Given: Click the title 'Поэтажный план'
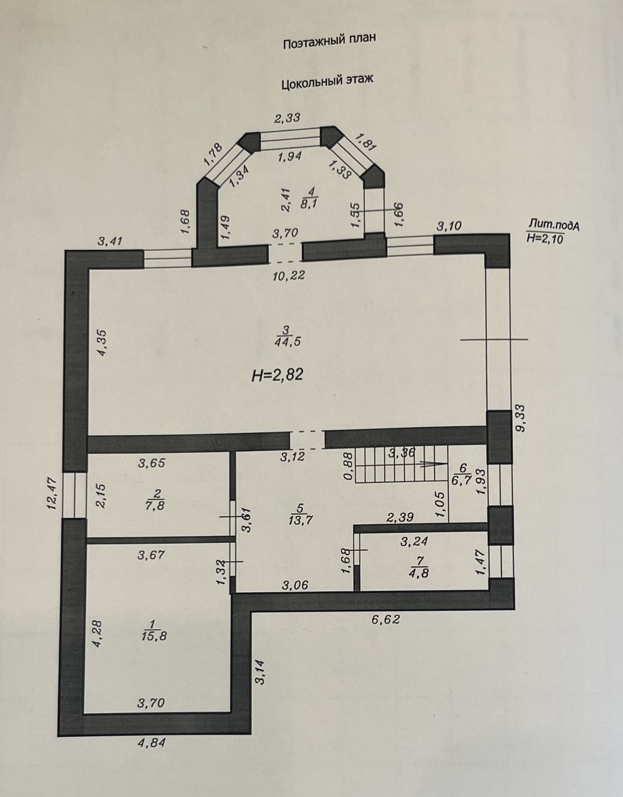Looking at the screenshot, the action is (x=330, y=41).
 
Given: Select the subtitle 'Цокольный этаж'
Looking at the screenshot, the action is (x=327, y=82).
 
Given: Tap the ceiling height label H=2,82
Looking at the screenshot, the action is (x=278, y=375).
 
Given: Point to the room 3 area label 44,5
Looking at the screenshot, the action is (x=287, y=342).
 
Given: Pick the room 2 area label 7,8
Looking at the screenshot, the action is (x=155, y=506).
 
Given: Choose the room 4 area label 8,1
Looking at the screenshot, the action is (x=309, y=204).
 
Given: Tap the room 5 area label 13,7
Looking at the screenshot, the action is (x=301, y=520).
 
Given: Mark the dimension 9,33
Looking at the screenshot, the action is (x=520, y=418).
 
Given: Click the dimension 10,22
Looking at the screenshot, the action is (x=289, y=275).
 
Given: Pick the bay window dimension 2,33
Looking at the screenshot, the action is (x=288, y=118).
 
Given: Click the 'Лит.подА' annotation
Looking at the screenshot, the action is (x=554, y=225).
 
